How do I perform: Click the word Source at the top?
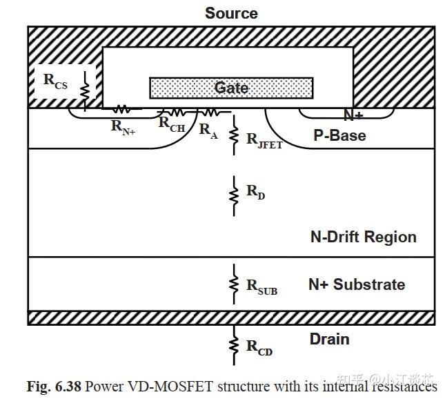click(x=231, y=13)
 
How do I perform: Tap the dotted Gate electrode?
click(x=231, y=88)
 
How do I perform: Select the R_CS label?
click(x=55, y=80)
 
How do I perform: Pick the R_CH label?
click(x=172, y=124)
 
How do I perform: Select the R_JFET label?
click(x=264, y=139)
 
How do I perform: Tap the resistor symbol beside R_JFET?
click(x=234, y=130)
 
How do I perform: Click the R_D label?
click(x=256, y=191)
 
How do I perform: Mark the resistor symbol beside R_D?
click(x=234, y=191)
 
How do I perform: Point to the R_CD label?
click(x=259, y=347)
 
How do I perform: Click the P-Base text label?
click(x=339, y=135)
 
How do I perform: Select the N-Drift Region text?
click(x=364, y=237)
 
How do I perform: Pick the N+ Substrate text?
click(x=357, y=284)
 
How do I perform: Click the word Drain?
click(x=329, y=339)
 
